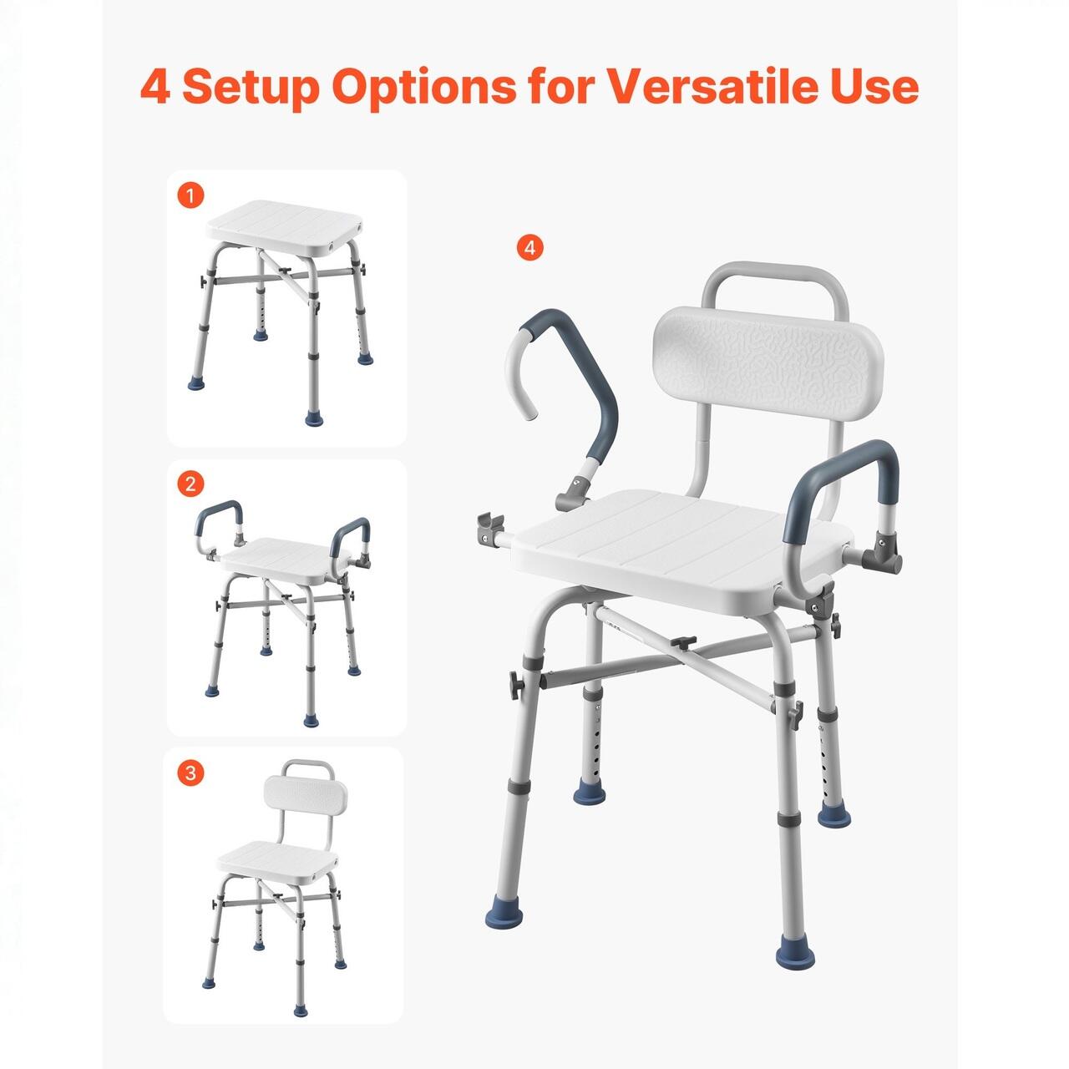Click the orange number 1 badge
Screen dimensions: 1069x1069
click(x=190, y=195)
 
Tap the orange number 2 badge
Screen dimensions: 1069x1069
click(x=190, y=484)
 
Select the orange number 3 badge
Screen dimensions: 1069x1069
click(x=190, y=773)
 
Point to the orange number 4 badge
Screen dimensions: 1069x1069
click(x=529, y=248)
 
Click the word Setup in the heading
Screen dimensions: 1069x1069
click(x=253, y=88)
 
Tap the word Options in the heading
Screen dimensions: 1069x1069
click(x=425, y=88)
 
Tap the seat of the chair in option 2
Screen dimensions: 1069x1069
click(x=285, y=560)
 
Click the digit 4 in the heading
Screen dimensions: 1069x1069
click(x=155, y=87)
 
